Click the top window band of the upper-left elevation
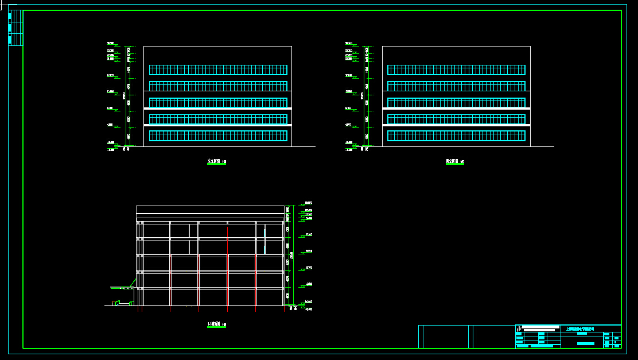(x=218, y=69)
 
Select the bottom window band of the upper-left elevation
(x=218, y=136)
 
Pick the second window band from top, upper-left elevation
(x=218, y=86)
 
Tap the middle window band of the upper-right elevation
(x=456, y=103)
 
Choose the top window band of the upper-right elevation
(x=456, y=69)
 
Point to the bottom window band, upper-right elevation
(x=456, y=136)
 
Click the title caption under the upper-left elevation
(x=216, y=162)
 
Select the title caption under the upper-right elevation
(x=454, y=162)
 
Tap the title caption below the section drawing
(x=216, y=325)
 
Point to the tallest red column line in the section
(x=228, y=267)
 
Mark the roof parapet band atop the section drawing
(x=210, y=210)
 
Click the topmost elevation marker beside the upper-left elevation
(x=111, y=44)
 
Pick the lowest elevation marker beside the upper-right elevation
(x=349, y=149)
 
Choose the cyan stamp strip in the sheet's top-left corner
(x=10, y=28)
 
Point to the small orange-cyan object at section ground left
(x=116, y=303)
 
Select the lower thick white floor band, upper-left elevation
(x=218, y=125)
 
